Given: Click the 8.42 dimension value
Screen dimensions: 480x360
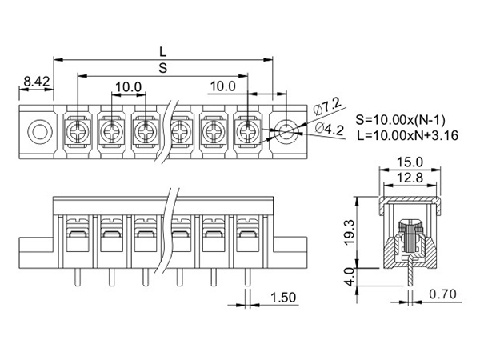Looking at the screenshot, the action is tap(37, 82).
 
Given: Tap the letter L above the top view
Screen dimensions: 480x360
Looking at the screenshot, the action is tap(163, 52).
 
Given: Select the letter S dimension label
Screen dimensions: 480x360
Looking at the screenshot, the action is tap(163, 68).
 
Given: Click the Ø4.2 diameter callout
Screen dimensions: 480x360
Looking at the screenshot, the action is tap(329, 129).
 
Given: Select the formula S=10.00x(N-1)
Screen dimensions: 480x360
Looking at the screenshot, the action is tap(401, 120).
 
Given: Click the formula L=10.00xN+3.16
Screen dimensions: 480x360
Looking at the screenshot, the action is tap(408, 135).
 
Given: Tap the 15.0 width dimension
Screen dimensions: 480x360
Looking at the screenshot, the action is tap(410, 162).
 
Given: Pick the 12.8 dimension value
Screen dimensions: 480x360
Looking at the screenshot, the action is tap(410, 178).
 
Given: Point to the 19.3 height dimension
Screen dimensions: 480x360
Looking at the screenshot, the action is tap(350, 232).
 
